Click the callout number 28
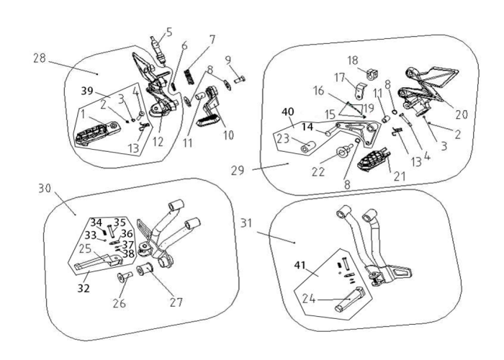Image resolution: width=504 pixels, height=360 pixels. [x=40, y=58]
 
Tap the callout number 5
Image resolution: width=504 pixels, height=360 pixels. [x=169, y=32]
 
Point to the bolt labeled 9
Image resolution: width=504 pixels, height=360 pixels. [x=240, y=78]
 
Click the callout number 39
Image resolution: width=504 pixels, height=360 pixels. [x=87, y=91]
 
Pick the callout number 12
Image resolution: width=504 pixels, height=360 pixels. [x=158, y=141]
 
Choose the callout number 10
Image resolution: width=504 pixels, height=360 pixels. [x=228, y=135]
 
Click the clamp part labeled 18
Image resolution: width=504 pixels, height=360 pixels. [x=372, y=74]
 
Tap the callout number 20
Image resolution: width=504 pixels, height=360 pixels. [x=462, y=114]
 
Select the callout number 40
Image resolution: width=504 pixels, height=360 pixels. [x=288, y=112]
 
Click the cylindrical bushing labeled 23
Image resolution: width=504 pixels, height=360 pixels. [x=307, y=148]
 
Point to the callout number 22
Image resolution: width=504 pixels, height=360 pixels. [x=318, y=171]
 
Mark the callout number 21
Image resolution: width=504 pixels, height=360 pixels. [x=399, y=176]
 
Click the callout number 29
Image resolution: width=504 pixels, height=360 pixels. [x=238, y=171]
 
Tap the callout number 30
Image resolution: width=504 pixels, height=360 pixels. [x=45, y=189]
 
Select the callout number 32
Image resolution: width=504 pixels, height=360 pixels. [x=84, y=288]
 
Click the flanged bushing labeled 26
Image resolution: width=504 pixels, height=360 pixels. [x=125, y=277]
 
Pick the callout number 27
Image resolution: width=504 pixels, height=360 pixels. [x=176, y=302]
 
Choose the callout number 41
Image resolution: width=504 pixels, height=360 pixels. [x=300, y=265]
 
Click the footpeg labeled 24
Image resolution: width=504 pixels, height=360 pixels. [x=349, y=299]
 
